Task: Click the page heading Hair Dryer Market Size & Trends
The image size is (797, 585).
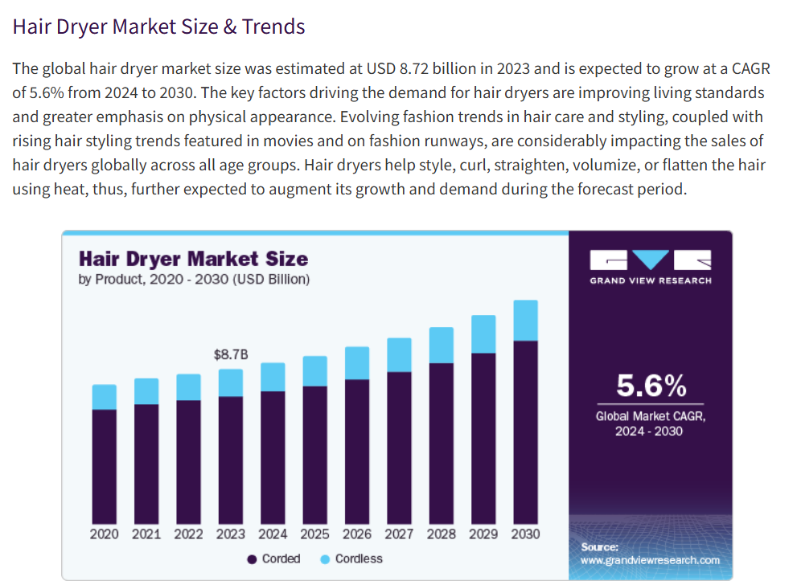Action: [x=158, y=27]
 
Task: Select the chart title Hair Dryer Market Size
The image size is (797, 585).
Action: [x=193, y=259]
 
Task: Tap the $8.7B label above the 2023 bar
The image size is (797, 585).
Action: [x=230, y=354]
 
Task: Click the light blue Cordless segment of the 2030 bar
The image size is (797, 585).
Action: [x=525, y=321]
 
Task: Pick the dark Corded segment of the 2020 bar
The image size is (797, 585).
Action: [x=105, y=466]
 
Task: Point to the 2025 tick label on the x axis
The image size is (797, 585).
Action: [x=314, y=534]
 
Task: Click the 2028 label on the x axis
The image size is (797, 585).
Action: [x=441, y=534]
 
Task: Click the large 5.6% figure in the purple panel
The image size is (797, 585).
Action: [x=651, y=387]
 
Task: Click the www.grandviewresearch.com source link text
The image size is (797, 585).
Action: [x=650, y=560]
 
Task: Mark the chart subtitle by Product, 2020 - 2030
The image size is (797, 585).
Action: [x=194, y=280]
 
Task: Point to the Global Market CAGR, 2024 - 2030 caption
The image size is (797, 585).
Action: [x=650, y=423]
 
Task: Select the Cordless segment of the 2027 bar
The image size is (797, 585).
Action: [x=399, y=354]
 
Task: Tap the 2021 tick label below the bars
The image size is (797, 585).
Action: [x=146, y=534]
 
